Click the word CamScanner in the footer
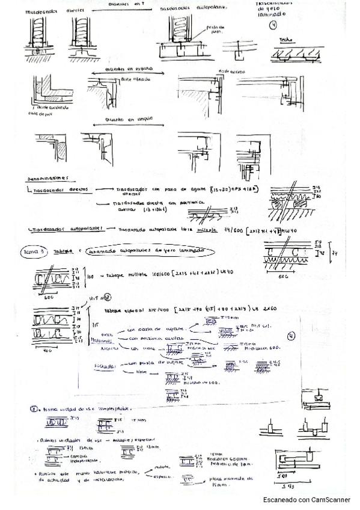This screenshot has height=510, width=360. click(x=331, y=500)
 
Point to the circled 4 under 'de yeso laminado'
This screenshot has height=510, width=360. click(x=273, y=25)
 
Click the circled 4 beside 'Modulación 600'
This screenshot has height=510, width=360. click(x=291, y=337)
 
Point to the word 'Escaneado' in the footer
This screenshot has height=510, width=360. click(x=282, y=500)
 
